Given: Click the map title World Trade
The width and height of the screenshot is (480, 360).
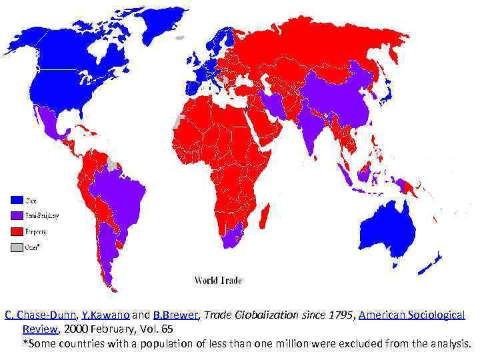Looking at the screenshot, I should point(218,281).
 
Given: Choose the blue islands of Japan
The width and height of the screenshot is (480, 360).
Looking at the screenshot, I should point(385,93).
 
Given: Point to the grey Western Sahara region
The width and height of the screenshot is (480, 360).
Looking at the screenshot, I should point(177,121).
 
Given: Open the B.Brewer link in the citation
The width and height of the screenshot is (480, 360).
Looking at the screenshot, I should point(176,315).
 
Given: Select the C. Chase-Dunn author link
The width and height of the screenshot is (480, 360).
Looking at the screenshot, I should point(41,315).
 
